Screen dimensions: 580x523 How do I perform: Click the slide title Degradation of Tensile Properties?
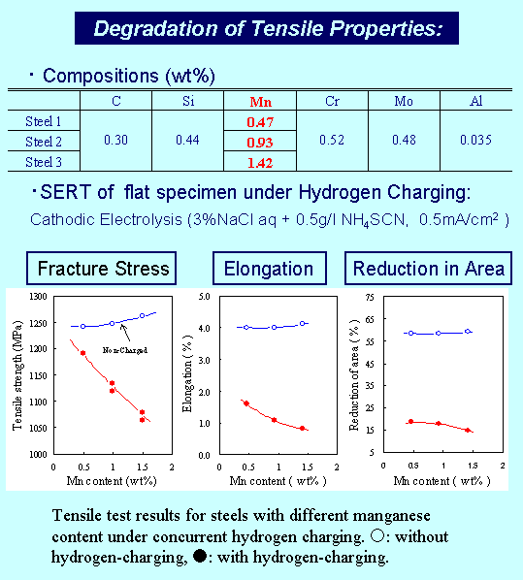(267, 28)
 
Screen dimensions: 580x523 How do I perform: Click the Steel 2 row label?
(43, 142)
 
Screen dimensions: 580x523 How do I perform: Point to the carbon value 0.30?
(114, 140)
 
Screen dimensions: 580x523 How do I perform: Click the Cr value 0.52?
(333, 140)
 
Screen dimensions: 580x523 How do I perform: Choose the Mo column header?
(405, 101)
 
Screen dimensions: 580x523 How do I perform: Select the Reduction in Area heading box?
(428, 268)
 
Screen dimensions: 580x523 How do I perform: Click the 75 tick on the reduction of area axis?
(368, 296)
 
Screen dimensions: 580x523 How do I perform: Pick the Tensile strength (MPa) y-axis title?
(17, 374)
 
